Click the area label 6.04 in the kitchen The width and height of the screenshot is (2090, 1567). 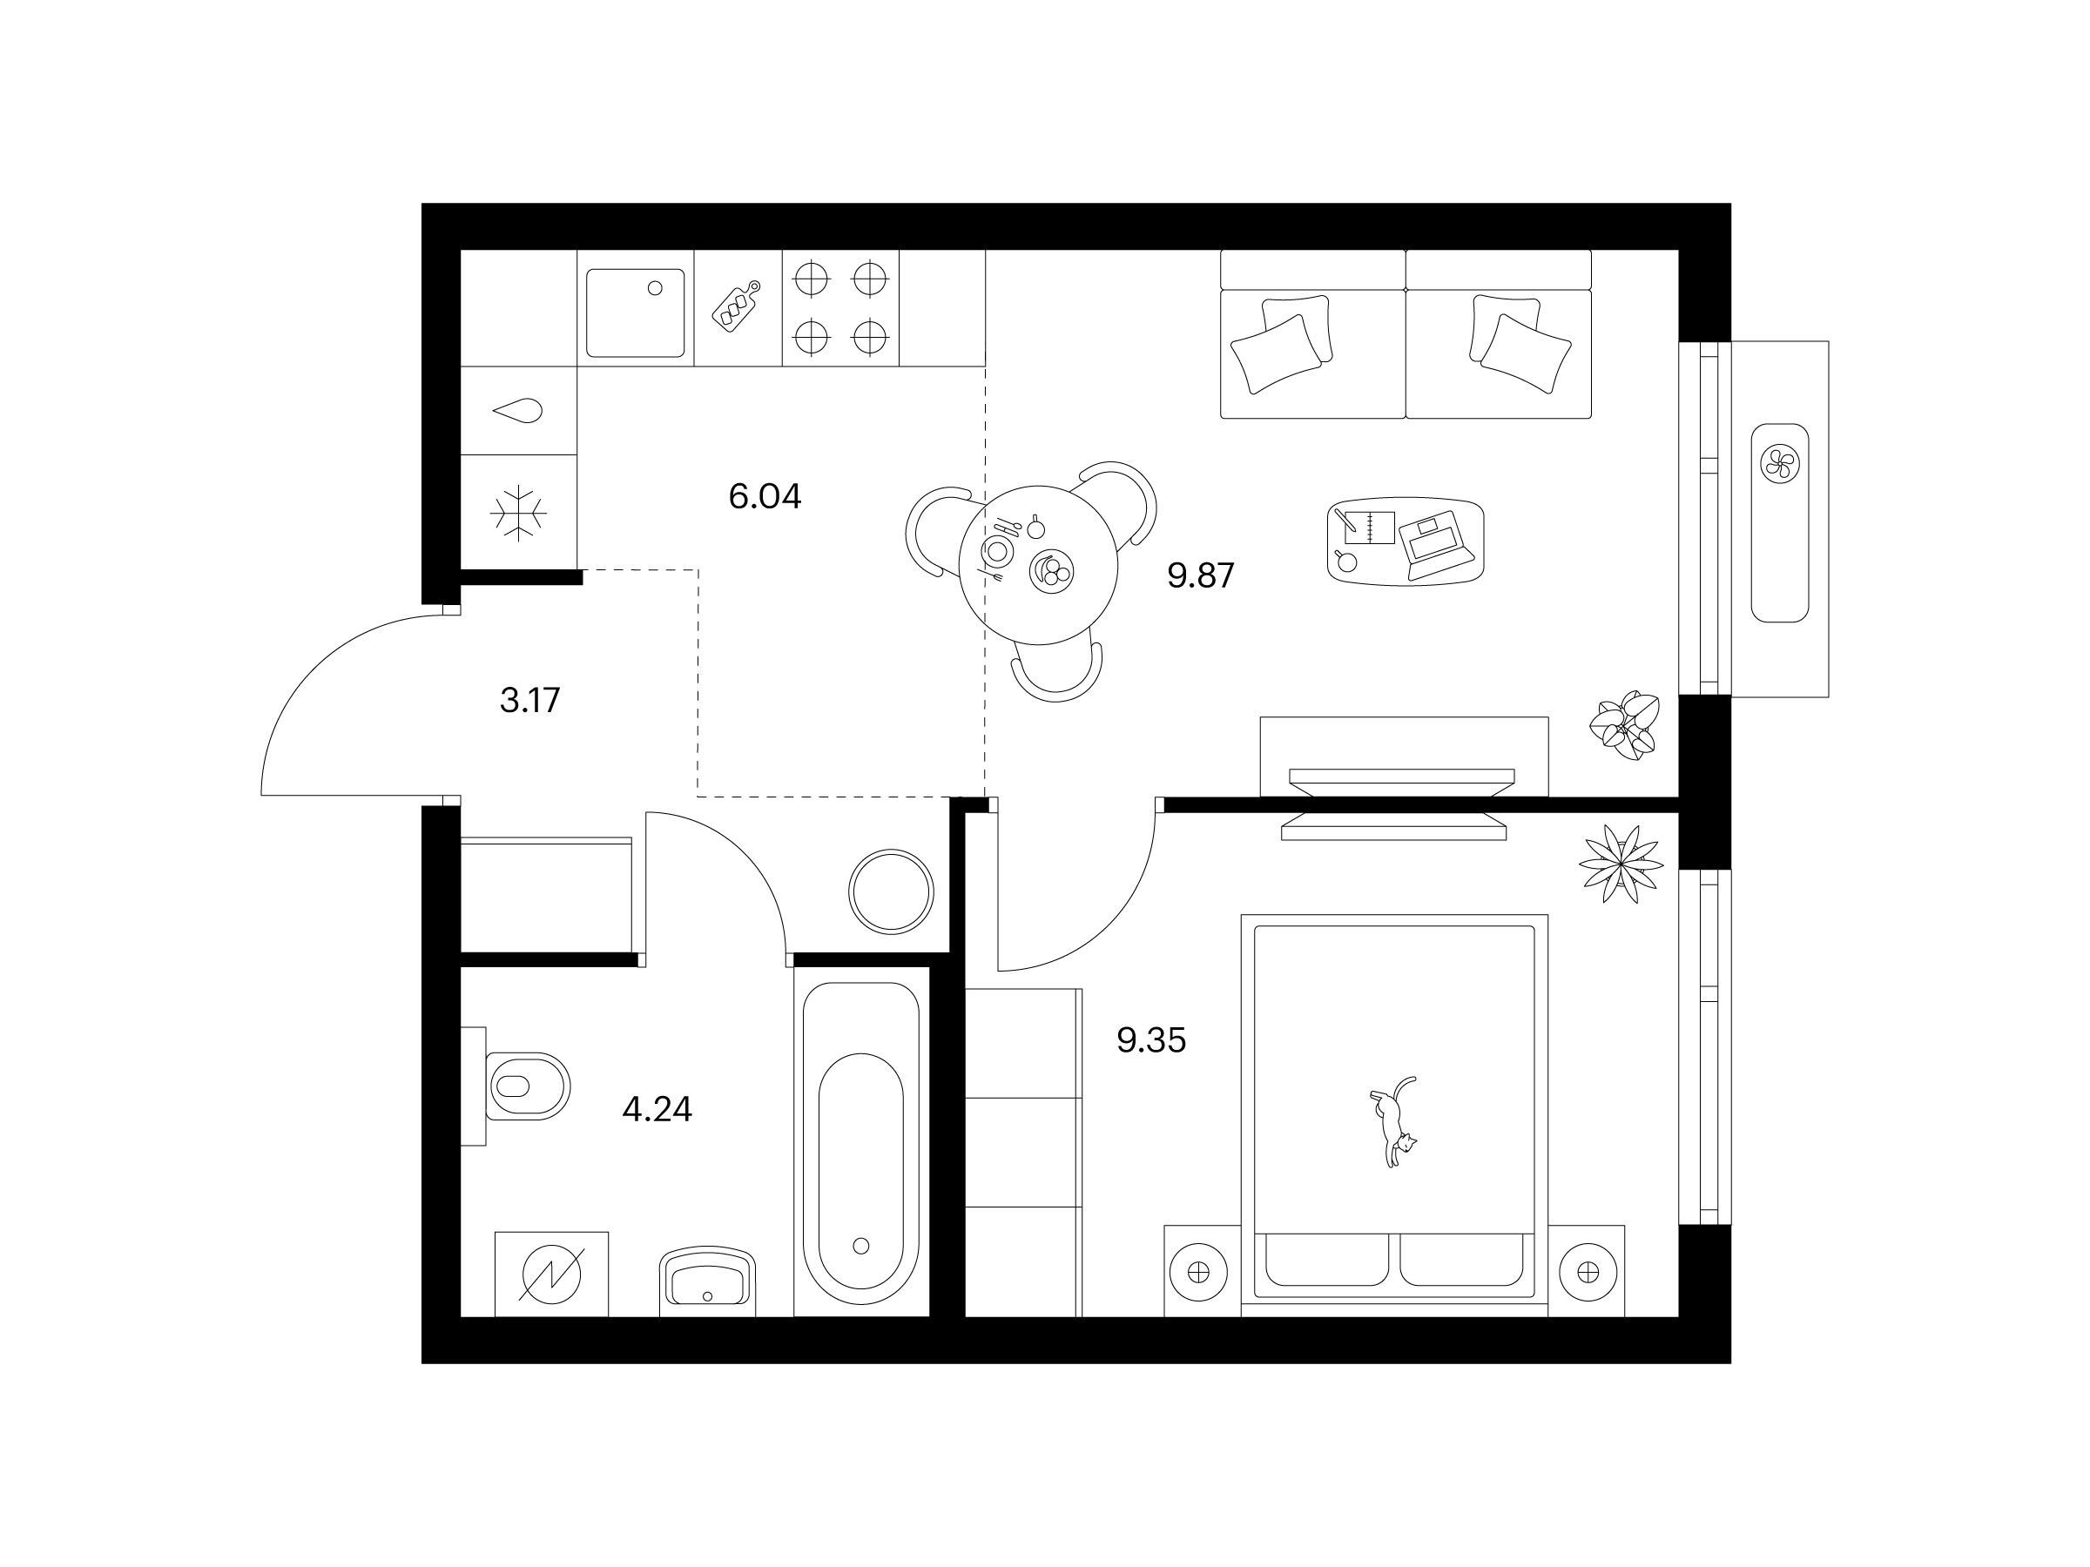765,496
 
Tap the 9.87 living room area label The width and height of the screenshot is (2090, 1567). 1200,575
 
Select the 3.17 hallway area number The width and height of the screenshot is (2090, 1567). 530,700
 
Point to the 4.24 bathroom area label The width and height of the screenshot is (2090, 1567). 657,1109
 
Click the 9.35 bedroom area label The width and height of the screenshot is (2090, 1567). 1151,1040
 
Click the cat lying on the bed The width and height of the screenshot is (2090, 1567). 1392,1121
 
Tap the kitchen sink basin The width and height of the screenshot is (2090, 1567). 635,313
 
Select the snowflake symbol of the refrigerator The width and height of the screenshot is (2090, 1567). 518,514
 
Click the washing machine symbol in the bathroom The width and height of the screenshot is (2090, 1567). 552,1274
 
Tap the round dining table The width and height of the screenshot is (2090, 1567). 1038,565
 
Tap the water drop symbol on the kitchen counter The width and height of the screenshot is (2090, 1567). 518,411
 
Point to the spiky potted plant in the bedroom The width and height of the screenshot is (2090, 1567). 1621,864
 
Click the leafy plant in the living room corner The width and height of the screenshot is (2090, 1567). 1623,725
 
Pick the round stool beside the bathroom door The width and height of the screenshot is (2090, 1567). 891,891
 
